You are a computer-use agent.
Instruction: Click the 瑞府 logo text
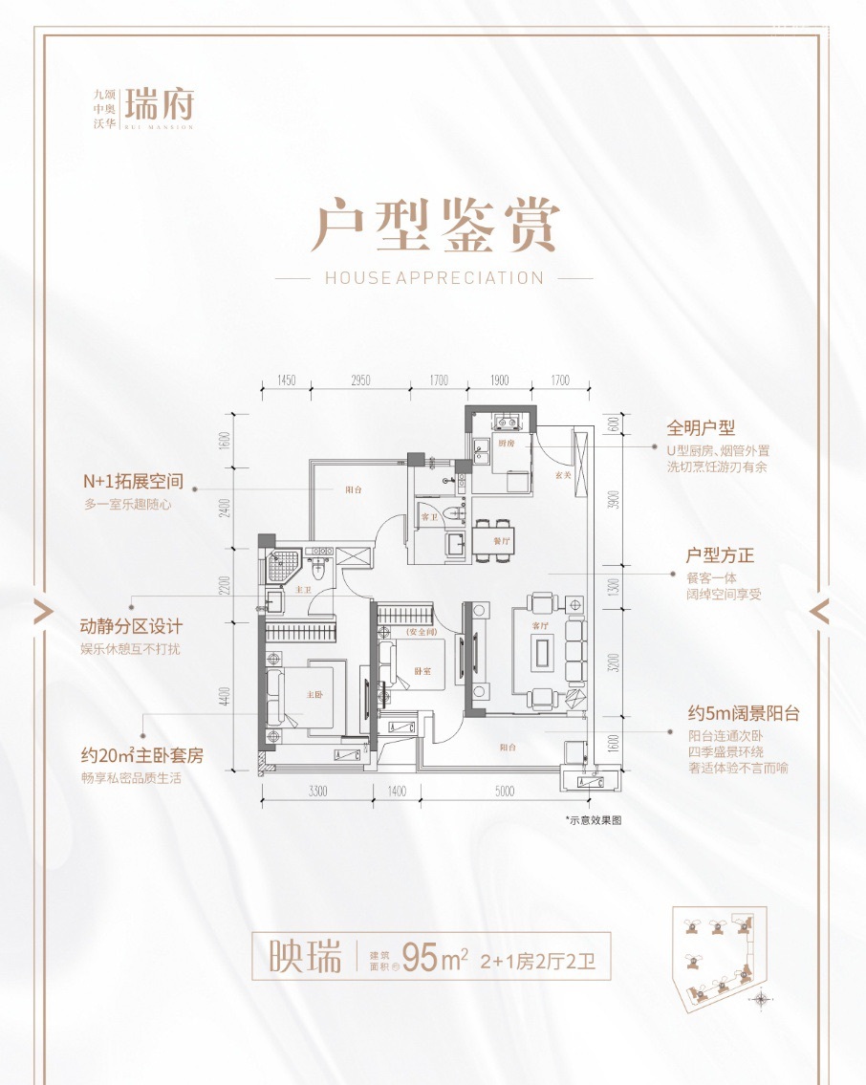(159, 101)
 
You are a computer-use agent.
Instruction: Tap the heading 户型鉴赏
(434, 226)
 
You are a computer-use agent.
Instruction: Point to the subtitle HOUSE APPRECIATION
(434, 278)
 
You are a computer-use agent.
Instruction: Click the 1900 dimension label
(500, 380)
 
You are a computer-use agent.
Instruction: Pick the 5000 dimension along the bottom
(505, 791)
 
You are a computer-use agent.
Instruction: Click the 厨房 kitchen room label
(506, 444)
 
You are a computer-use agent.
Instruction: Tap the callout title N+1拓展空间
(133, 482)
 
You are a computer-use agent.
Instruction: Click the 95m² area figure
(434, 956)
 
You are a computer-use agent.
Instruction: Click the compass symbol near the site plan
(761, 999)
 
